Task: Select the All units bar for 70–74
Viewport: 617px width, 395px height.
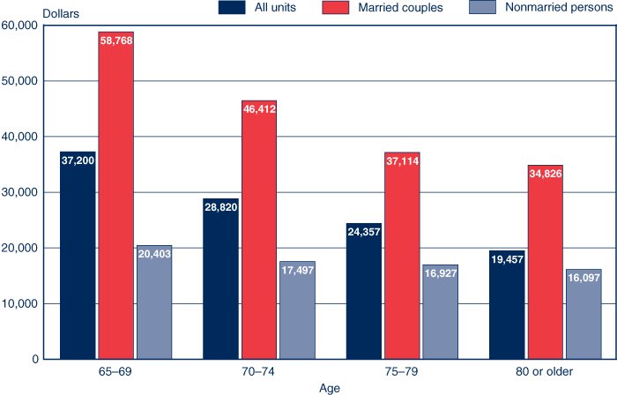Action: (220, 291)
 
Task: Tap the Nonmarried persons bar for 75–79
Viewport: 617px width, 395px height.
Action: (440, 317)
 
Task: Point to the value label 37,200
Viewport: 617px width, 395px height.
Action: (78, 160)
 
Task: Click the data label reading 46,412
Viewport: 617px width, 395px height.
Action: (259, 108)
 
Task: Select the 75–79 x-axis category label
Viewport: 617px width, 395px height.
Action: (401, 371)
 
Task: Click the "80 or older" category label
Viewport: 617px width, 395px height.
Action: (545, 371)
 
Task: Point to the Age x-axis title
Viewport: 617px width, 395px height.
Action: (330, 387)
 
